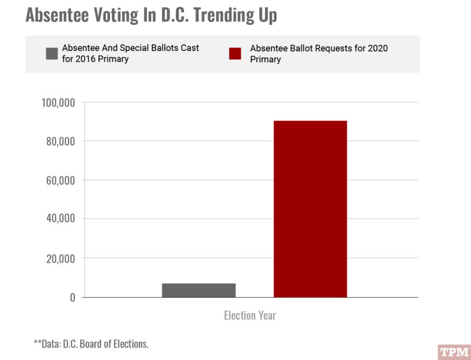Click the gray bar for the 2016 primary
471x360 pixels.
199,290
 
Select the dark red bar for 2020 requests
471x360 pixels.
310,209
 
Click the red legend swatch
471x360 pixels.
235,54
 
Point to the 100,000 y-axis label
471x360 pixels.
58,103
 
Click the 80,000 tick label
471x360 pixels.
60,141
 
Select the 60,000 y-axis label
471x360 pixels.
60,180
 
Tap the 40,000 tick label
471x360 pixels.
60,219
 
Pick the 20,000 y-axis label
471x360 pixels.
60,258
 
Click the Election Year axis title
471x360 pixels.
250,315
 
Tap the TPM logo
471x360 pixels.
455,352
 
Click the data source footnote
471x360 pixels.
91,344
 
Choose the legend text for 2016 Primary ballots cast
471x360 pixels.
130,53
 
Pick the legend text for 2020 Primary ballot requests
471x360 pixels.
319,53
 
